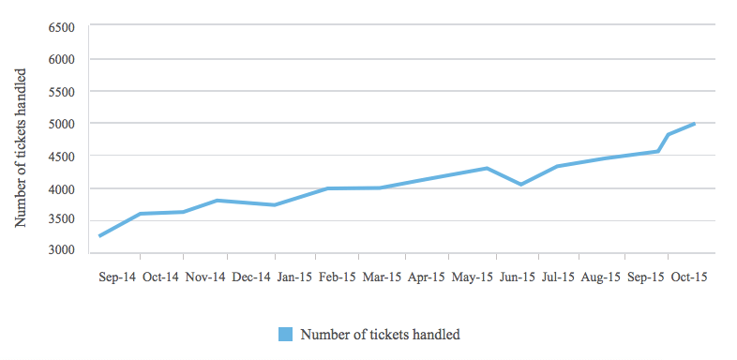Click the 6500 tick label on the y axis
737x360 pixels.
pyautogui.click(x=62, y=27)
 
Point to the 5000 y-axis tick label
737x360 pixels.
pyautogui.click(x=62, y=124)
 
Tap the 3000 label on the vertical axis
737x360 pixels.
pyautogui.click(x=62, y=251)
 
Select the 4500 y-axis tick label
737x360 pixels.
pyautogui.click(x=62, y=156)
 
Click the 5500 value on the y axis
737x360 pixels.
pyautogui.click(x=62, y=92)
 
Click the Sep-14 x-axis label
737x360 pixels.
pyautogui.click(x=117, y=277)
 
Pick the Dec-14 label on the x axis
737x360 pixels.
pyautogui.click(x=251, y=277)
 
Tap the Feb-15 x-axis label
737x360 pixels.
pyautogui.click(x=338, y=277)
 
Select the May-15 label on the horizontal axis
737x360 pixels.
pyautogui.click(x=473, y=277)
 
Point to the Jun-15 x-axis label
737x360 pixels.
pyautogui.click(x=517, y=277)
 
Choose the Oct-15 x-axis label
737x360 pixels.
pyautogui.click(x=689, y=277)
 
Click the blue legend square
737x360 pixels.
pyautogui.click(x=285, y=335)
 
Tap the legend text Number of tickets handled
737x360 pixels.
pyautogui.click(x=381, y=335)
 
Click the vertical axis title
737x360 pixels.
pyautogui.click(x=21, y=147)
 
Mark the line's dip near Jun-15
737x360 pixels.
pyautogui.click(x=520, y=185)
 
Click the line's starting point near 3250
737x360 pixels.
pyautogui.click(x=99, y=236)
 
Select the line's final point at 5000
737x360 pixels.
pyautogui.click(x=694, y=124)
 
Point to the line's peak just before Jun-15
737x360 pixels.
pyautogui.click(x=487, y=168)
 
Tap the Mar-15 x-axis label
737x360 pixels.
pyautogui.click(x=383, y=277)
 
